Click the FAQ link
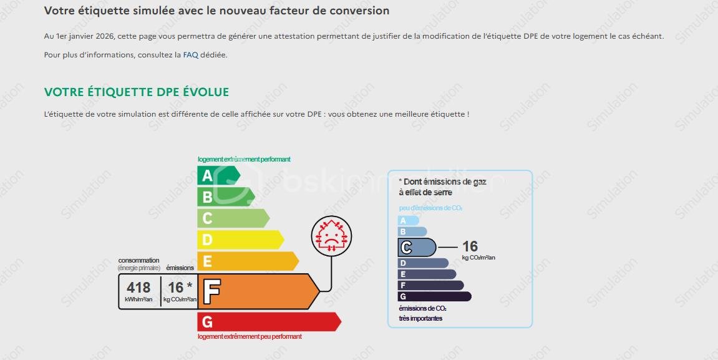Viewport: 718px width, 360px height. point(190,55)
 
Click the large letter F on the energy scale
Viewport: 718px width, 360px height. point(212,291)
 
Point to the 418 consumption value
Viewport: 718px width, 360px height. point(138,288)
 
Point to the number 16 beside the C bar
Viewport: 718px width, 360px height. point(470,246)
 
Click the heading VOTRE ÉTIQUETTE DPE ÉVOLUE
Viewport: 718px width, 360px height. point(137,92)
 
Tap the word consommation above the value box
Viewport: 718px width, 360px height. point(138,260)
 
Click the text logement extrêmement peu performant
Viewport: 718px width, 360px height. point(250,337)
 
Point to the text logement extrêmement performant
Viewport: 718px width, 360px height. point(244,160)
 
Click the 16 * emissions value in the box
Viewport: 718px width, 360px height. point(180,288)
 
